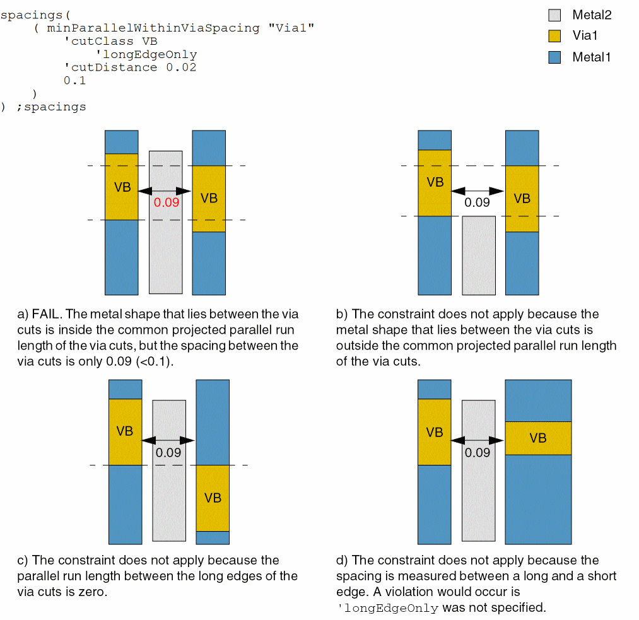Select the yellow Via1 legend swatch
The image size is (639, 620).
554,36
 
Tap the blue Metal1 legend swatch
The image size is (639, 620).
554,57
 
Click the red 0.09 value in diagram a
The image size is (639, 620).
167,203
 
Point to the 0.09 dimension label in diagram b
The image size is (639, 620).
478,202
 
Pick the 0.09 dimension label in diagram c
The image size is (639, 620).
168,452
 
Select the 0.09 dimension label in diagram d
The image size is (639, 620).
478,452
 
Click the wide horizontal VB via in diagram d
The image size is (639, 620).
538,438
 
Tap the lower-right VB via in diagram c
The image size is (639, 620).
213,498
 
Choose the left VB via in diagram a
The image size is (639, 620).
122,187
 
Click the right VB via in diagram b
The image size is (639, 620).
522,199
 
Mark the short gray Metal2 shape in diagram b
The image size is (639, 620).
479,255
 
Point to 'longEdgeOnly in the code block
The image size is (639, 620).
146,55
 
